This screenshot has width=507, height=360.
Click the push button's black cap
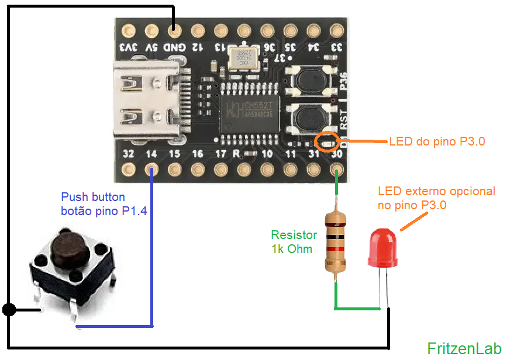(67, 245)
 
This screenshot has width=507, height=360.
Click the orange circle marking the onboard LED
(327, 141)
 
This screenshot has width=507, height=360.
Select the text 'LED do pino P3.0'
(437, 141)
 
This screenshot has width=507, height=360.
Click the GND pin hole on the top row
(174, 29)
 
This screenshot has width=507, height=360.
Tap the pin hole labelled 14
(151, 170)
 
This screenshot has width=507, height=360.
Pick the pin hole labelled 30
(336, 170)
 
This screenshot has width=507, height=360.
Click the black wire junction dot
(9, 309)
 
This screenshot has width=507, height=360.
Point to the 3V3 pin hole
(128, 29)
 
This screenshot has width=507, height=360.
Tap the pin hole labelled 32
(128, 170)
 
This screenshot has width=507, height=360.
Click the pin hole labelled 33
(336, 29)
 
